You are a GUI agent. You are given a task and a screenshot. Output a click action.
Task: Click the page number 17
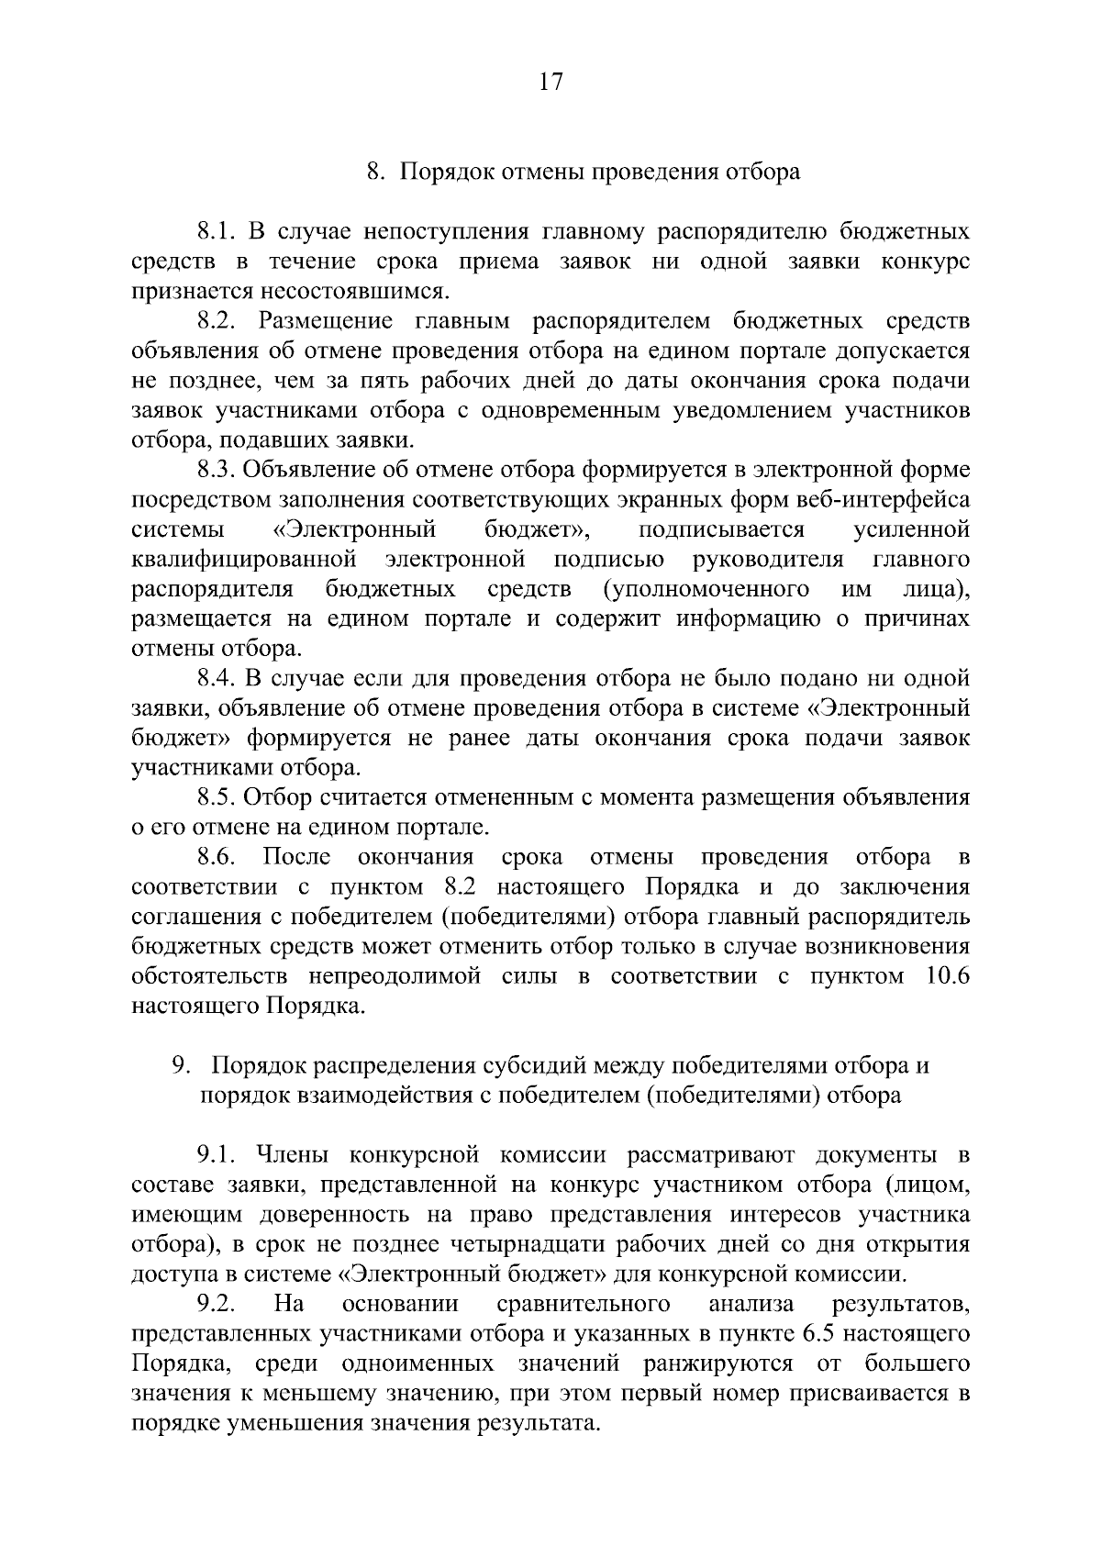[550, 82]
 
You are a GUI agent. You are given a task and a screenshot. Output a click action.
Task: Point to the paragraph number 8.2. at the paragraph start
[217, 321]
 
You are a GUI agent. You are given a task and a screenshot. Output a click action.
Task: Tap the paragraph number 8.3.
[217, 470]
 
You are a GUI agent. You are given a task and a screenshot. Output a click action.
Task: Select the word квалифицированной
[243, 559]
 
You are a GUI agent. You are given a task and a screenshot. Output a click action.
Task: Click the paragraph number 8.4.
[217, 678]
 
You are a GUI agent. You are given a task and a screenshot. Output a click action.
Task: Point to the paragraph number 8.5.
[217, 796]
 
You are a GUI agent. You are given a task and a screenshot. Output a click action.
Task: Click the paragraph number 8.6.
[217, 856]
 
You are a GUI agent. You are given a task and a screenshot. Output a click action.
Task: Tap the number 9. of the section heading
[181, 1065]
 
